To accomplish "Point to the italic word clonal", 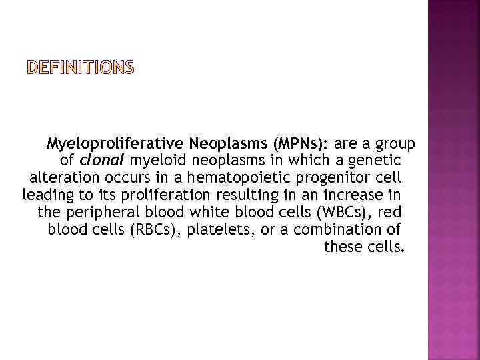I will pos(101,161).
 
